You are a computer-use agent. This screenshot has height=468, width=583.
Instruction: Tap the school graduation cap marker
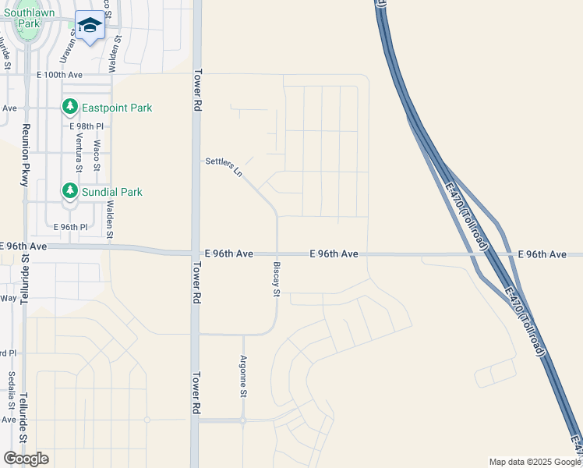click(x=90, y=26)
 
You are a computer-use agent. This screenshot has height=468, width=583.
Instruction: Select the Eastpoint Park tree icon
click(x=70, y=108)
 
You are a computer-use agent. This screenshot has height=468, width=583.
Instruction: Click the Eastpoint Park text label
click(x=117, y=108)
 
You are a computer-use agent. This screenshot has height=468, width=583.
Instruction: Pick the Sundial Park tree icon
click(x=70, y=191)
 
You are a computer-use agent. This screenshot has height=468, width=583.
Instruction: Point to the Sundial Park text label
click(x=112, y=192)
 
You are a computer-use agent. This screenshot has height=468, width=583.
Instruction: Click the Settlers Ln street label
click(x=224, y=167)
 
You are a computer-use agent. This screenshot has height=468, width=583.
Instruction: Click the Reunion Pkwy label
click(x=25, y=154)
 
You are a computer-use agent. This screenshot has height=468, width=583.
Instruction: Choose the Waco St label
click(x=97, y=155)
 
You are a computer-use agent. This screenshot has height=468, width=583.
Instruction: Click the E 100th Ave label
click(x=59, y=75)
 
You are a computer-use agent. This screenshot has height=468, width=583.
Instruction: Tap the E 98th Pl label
click(x=86, y=126)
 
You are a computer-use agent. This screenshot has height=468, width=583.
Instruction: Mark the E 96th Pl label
click(x=70, y=227)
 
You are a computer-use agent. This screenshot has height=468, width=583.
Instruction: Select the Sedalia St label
click(x=11, y=391)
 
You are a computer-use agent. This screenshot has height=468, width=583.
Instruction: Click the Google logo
click(x=26, y=458)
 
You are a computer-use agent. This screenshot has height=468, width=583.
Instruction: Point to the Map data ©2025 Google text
click(x=532, y=462)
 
